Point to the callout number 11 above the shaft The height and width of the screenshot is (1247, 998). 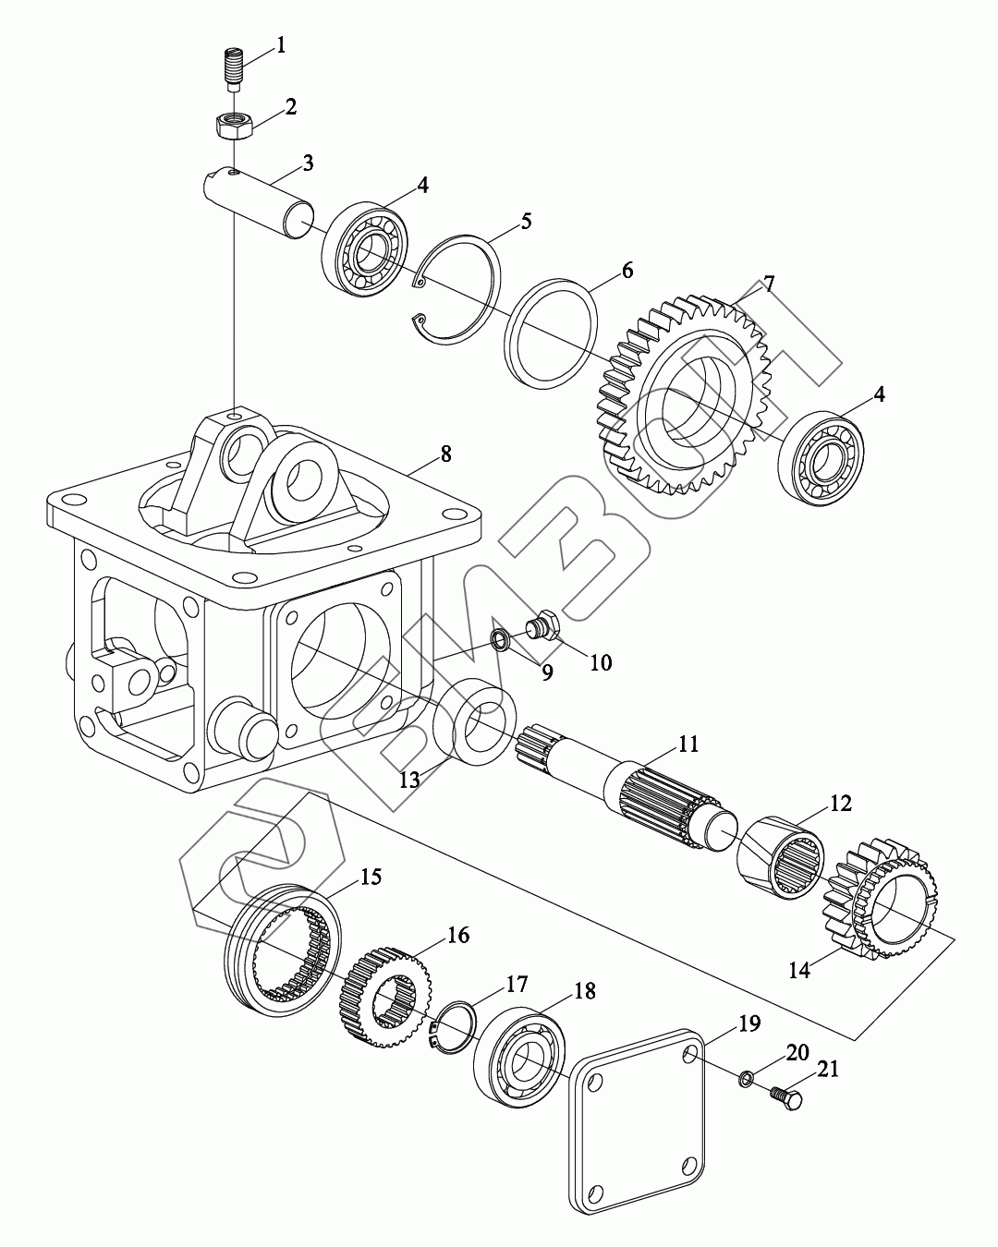coord(688,744)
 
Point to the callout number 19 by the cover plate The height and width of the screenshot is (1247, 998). coord(749,1023)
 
